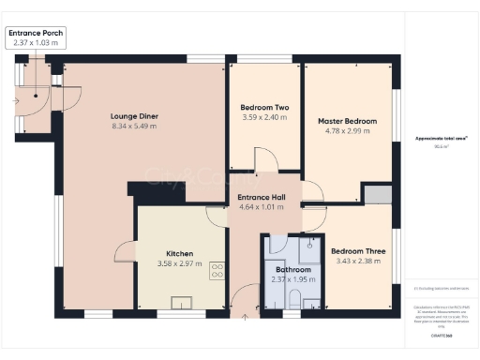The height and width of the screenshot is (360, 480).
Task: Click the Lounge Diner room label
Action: [135, 116]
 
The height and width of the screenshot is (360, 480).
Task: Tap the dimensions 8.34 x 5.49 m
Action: [135, 127]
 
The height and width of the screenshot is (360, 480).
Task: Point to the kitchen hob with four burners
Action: [217, 270]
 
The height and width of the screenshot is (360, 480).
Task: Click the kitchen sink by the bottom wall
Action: [182, 302]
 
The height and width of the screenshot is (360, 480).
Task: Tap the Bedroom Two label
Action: [264, 108]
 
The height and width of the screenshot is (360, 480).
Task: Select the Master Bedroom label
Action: [347, 121]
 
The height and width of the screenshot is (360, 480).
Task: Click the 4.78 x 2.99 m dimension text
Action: [347, 131]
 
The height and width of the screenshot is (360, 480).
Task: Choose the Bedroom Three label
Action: [358, 250]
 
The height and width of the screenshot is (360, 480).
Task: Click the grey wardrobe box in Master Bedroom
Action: [377, 194]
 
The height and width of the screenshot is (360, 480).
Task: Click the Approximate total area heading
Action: [441, 139]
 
